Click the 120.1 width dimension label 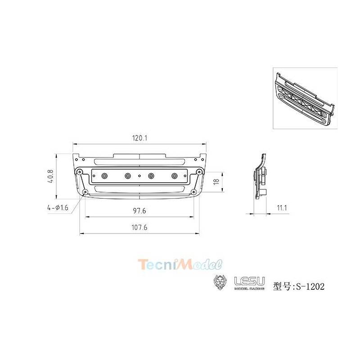tap(139, 138)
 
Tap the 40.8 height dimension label tap(50, 176)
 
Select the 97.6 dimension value tap(139, 211)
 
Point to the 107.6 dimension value tap(139, 228)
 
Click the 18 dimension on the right tap(216, 181)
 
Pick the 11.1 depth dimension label tap(282, 208)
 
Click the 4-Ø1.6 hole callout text tap(58, 208)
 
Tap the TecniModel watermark tap(180, 264)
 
